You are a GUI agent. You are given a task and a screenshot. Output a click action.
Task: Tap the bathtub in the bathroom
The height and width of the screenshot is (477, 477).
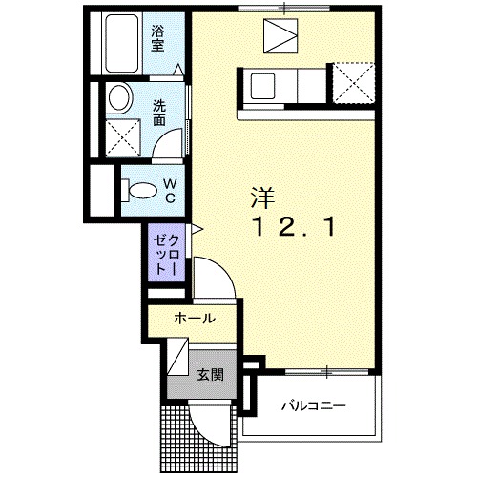pyautogui.click(x=123, y=45)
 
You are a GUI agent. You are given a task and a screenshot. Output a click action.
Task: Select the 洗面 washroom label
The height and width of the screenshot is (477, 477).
pyautogui.click(x=159, y=113)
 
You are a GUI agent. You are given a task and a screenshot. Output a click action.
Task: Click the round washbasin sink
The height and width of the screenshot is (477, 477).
pyautogui.click(x=120, y=98)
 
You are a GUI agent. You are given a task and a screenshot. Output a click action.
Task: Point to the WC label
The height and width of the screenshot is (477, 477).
pyautogui.click(x=168, y=190)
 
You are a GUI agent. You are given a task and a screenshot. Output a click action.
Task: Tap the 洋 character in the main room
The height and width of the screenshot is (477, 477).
pyautogui.click(x=262, y=198)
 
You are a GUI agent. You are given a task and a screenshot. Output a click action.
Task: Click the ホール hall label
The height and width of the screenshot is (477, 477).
pyautogui.click(x=194, y=319)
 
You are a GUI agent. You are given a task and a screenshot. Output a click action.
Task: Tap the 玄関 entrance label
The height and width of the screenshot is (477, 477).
pyautogui.click(x=210, y=373)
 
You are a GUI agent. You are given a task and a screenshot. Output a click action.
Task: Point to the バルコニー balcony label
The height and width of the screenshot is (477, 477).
pyautogui.click(x=313, y=406)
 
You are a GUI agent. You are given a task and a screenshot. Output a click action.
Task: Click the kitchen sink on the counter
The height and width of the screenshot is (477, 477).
pyautogui.click(x=263, y=86)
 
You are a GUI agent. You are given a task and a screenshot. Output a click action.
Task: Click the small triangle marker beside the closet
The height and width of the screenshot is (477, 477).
pyautogui.click(x=195, y=229)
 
